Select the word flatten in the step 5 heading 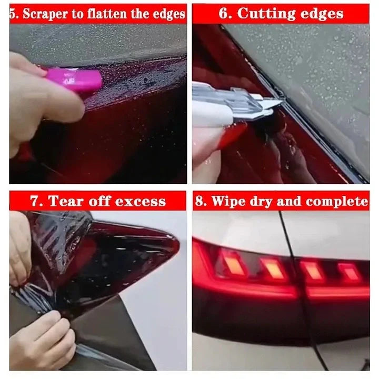(x=115, y=13)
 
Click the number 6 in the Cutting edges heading (x=225, y=13)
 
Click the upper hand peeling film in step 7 (x=20, y=247)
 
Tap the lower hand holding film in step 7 (x=42, y=342)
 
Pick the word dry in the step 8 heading (x=265, y=201)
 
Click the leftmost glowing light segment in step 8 (x=233, y=263)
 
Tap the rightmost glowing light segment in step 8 (x=349, y=272)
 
